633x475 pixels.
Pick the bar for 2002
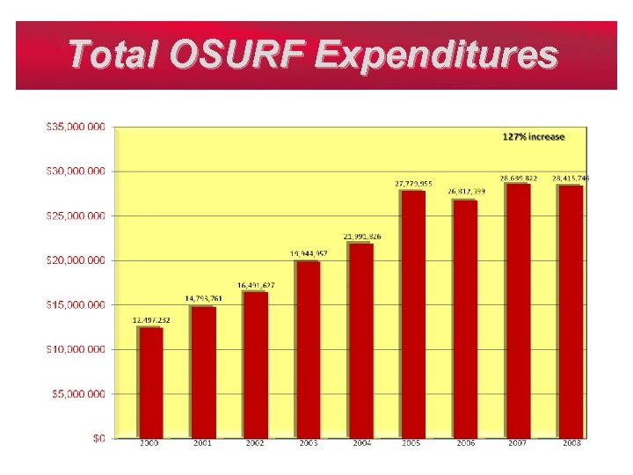[x=255, y=364]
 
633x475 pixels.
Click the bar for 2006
[x=464, y=318]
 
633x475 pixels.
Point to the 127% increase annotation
[x=534, y=137]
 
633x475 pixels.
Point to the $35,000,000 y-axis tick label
[x=76, y=127]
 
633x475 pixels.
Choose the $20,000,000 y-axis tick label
[x=76, y=260]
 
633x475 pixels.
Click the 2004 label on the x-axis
[x=361, y=443]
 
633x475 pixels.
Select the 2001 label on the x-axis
[x=203, y=443]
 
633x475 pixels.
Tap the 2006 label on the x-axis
[x=465, y=443]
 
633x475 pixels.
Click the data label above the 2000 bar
[x=151, y=320]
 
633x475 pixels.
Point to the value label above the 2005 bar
[x=413, y=184]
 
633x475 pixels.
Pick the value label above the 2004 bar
[x=361, y=237]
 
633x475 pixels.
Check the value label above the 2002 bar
[x=256, y=285]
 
